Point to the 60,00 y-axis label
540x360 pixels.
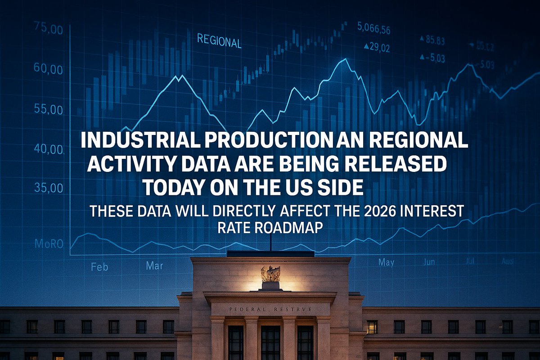pyautogui.click(x=48, y=70)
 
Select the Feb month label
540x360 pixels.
pyautogui.click(x=99, y=267)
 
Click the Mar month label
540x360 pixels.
pyautogui.click(x=154, y=266)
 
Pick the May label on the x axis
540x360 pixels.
pyautogui.click(x=386, y=262)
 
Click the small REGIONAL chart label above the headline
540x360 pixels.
pyautogui.click(x=219, y=41)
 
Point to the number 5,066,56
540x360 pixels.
pyautogui.click(x=373, y=30)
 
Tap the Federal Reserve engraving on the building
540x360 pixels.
pyautogui.click(x=270, y=310)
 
